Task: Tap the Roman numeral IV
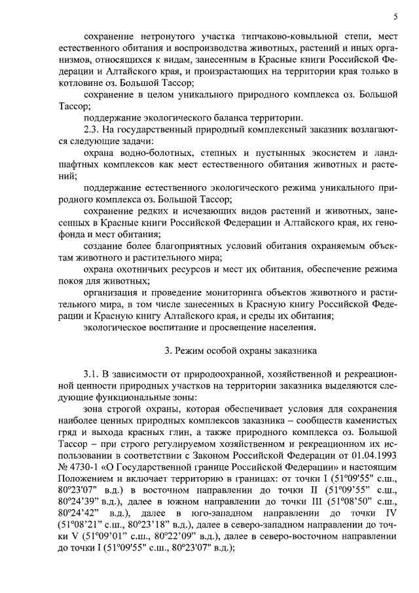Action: [x=390, y=514]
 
